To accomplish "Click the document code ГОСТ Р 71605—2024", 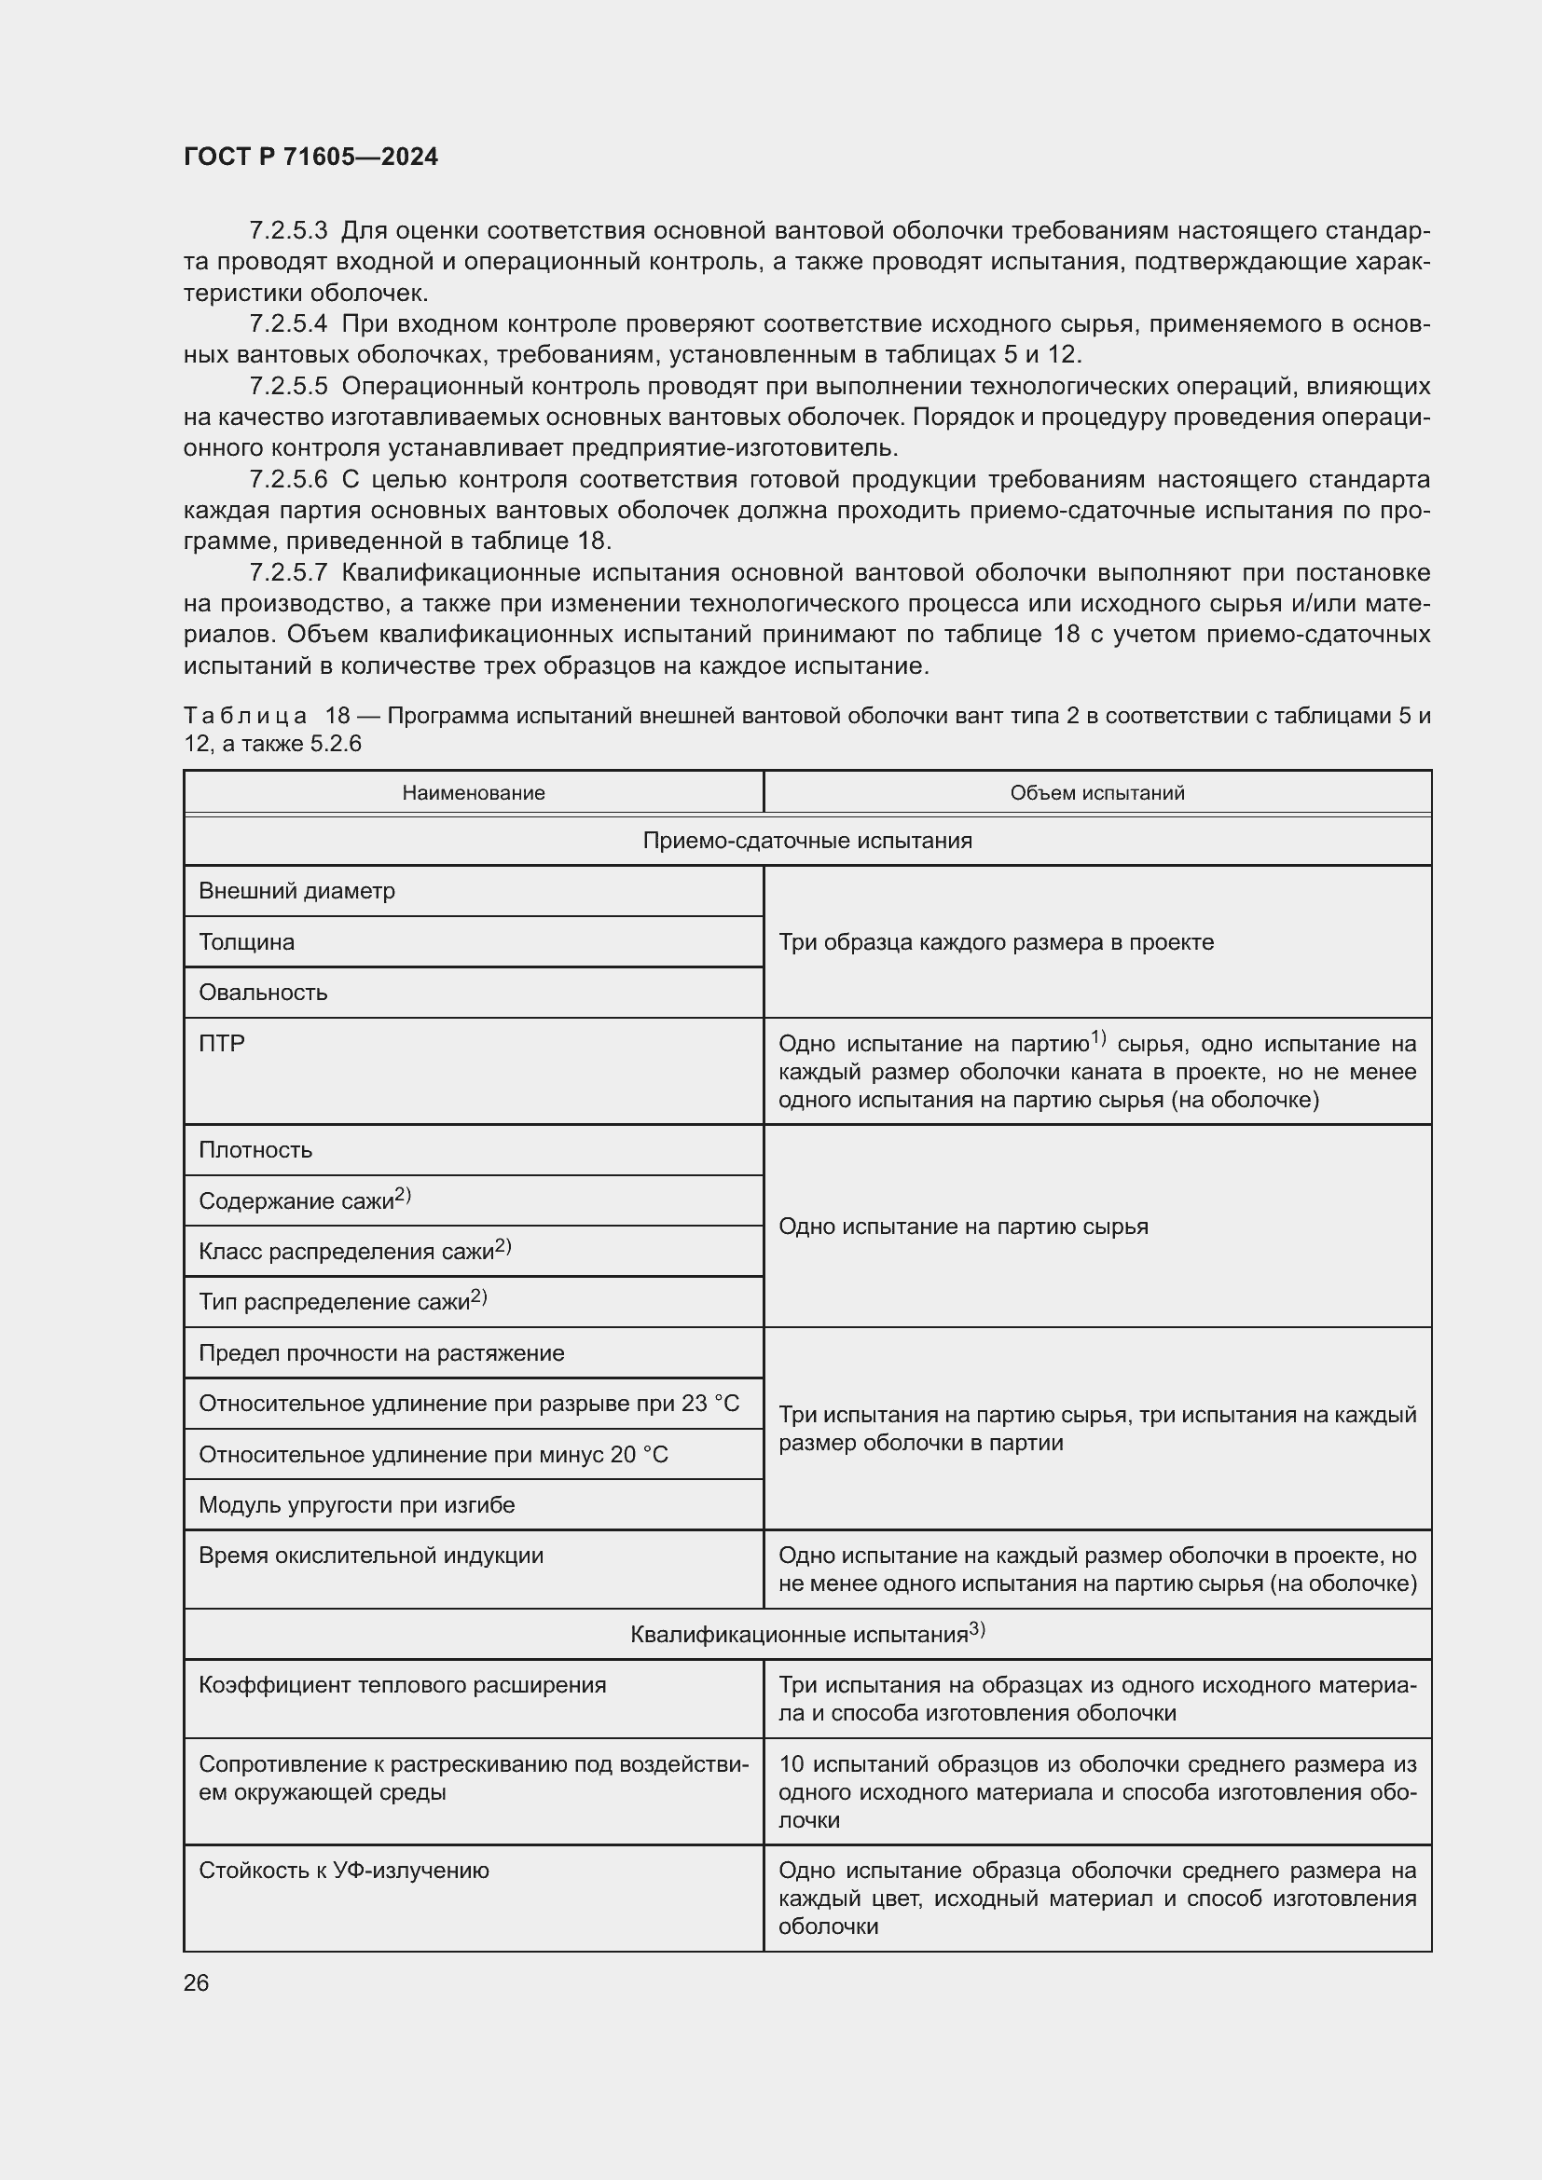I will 310,158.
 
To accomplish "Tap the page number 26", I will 196,1982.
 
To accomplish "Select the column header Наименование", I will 473,793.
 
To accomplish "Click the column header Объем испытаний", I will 1096,793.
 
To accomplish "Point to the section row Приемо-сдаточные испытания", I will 807,842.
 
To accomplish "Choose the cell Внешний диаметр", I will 296,892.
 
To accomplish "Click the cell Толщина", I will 247,942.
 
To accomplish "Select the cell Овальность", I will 263,993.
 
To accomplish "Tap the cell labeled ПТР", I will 222,1044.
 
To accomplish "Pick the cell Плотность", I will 255,1150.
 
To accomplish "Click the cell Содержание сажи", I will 304,1201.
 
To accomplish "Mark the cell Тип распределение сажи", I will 342,1302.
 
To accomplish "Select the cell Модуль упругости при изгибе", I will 356,1505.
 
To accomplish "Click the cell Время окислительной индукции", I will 370,1556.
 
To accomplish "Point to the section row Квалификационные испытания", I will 807,1634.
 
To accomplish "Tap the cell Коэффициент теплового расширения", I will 402,1684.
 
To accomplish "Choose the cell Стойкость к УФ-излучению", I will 344,1871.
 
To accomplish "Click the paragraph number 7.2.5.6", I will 289,479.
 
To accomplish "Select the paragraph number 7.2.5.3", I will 289,231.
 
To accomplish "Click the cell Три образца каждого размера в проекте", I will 996,942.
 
